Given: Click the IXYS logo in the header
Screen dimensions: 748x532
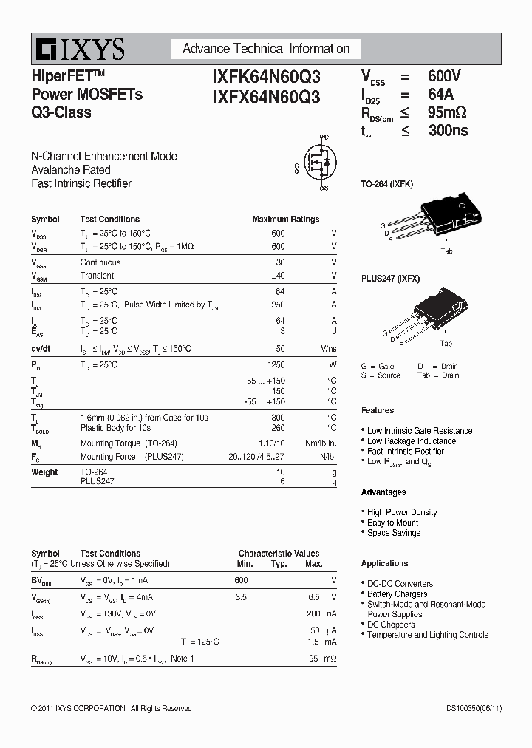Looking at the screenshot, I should pos(78,50).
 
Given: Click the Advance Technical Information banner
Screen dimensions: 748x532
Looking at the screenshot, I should pos(266,49).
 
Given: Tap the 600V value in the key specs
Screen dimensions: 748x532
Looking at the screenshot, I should pos(444,76).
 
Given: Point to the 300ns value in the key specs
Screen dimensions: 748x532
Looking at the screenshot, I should pos(448,131).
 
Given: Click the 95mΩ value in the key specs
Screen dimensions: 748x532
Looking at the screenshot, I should pos(447,112).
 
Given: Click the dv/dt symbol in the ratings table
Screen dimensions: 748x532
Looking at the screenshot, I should pos(41,349).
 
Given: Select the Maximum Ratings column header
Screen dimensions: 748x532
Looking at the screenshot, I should pos(285,220).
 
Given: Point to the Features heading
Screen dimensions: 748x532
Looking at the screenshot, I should pos(378,410).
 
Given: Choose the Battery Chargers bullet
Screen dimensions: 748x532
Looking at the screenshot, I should pos(397,594).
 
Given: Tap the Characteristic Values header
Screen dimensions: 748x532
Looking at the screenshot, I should pos(279,553).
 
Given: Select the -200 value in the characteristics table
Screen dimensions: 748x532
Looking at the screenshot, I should pos(313,614).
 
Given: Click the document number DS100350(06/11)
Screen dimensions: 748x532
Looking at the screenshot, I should pos(464,708).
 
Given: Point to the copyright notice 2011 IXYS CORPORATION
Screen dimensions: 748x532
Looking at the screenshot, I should pos(111,708).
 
